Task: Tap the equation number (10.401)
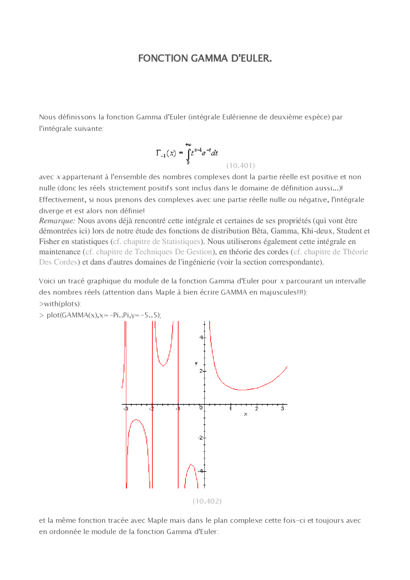pos(241,166)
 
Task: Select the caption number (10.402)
pos(207,501)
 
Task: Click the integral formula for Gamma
pos(187,153)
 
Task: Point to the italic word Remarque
pos(57,221)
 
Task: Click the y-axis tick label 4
pos(201,337)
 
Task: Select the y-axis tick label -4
pos(201,471)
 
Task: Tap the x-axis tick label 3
pos(282,409)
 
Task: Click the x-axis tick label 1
pos(230,409)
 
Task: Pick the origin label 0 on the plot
pos(201,408)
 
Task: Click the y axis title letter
pos(196,363)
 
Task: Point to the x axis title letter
pos(246,414)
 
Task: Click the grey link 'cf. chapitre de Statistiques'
pos(157,241)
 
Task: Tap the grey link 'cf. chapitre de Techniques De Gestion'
pos(149,252)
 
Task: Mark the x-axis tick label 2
pos(257,409)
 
